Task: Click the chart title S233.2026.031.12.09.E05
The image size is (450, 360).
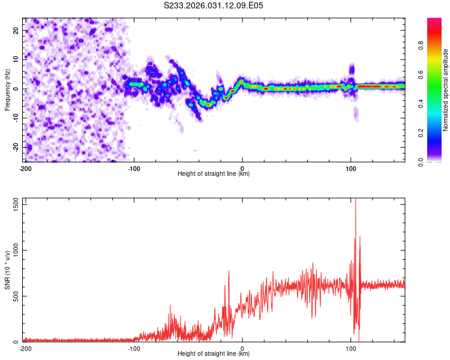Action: tap(214, 5)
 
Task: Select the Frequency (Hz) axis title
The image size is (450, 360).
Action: tap(7, 90)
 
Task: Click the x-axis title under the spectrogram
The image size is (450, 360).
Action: tap(214, 174)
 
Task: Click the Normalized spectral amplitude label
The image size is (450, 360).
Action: tap(446, 90)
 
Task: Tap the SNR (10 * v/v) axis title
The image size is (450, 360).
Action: tap(7, 270)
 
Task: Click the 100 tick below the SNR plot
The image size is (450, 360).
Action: tap(351, 349)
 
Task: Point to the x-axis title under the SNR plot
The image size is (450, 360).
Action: tap(214, 354)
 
